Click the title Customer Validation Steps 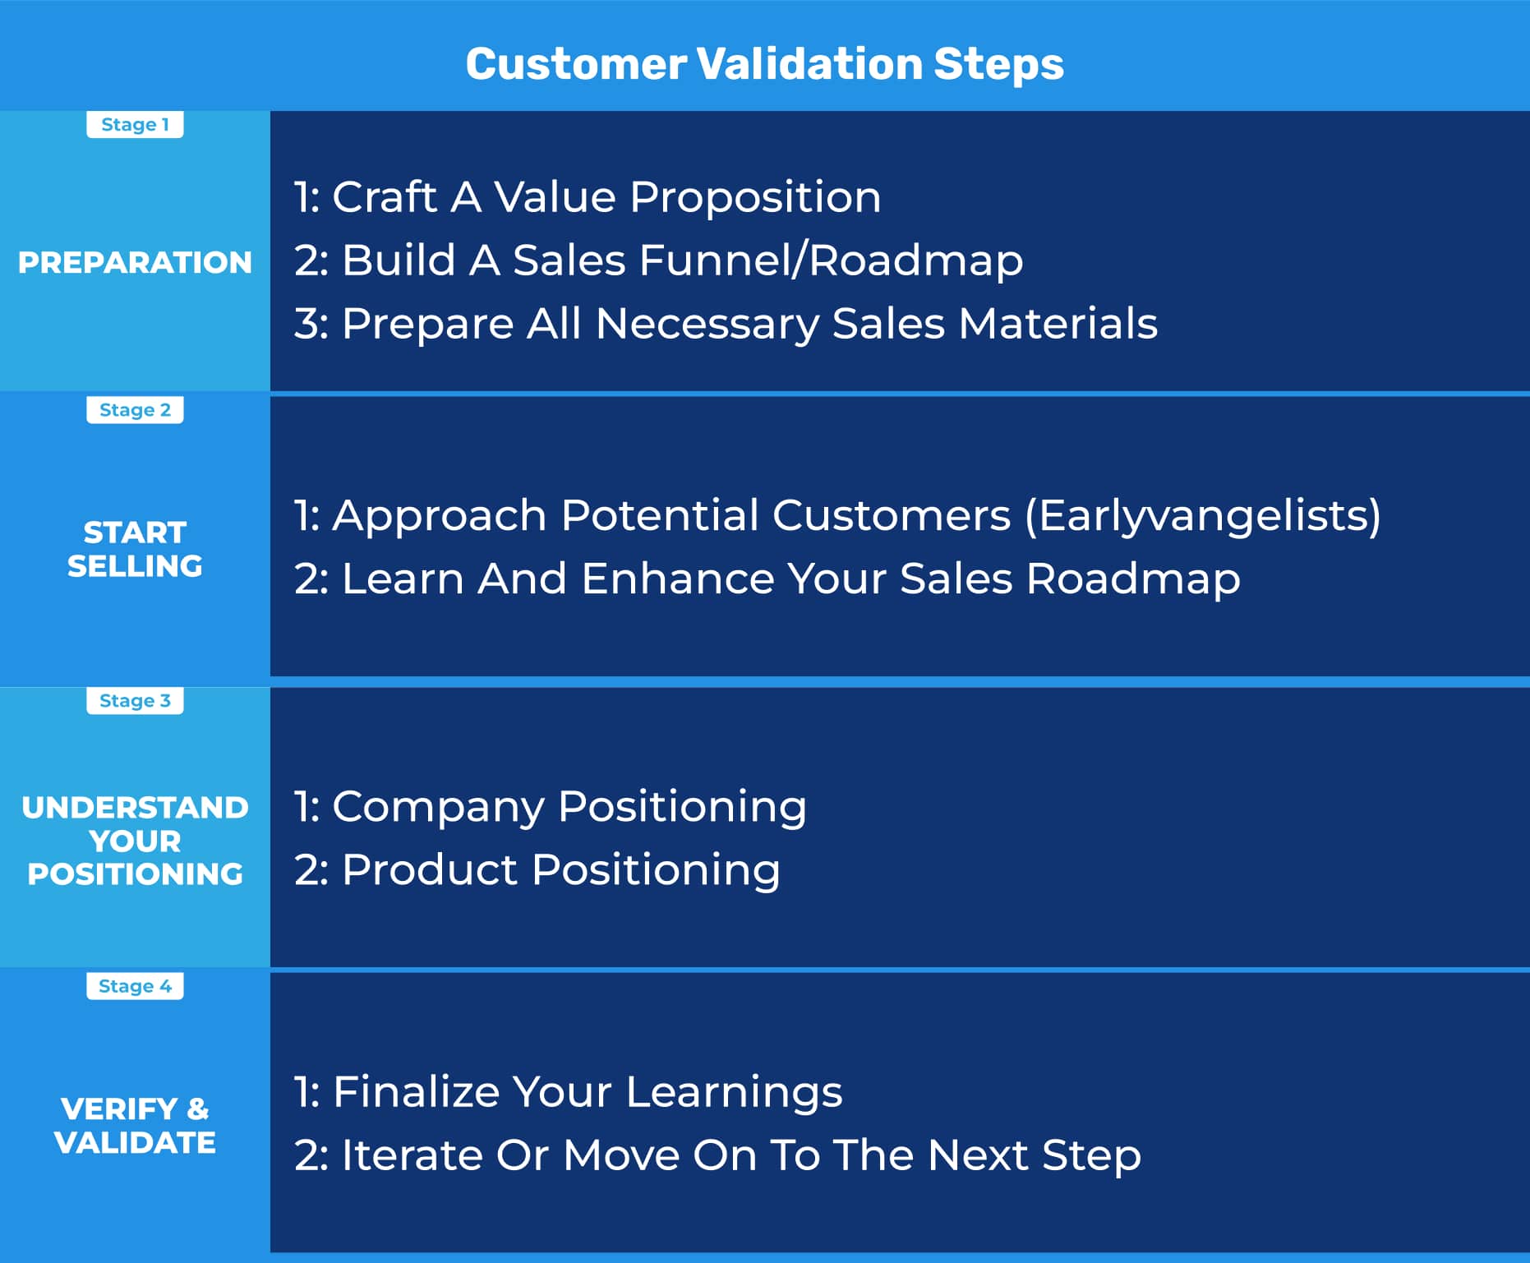click(x=764, y=64)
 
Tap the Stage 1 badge click(x=135, y=125)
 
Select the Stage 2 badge click(x=135, y=410)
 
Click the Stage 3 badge click(x=135, y=701)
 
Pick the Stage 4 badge click(x=135, y=986)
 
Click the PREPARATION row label click(x=135, y=263)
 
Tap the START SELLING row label click(x=135, y=549)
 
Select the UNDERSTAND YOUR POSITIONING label click(x=135, y=841)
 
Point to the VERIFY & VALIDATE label click(x=135, y=1126)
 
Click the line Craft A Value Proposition click(x=588, y=198)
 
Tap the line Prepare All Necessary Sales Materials click(x=726, y=324)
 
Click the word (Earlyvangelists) click(x=1203, y=517)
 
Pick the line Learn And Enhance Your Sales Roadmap click(x=767, y=579)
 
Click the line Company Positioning click(x=551, y=807)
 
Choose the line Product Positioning click(x=537, y=870)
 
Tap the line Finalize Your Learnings click(x=568, y=1093)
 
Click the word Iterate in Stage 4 click(x=412, y=1155)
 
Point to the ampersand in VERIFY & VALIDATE click(x=198, y=1109)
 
